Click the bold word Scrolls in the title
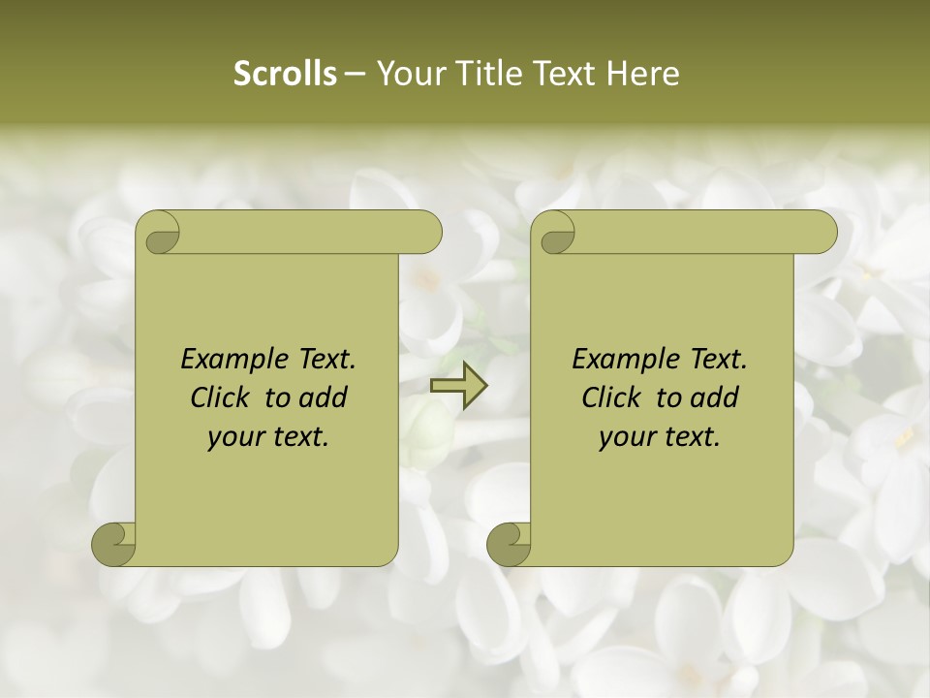285,74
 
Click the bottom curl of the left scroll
114,544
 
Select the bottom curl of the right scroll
510,544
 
